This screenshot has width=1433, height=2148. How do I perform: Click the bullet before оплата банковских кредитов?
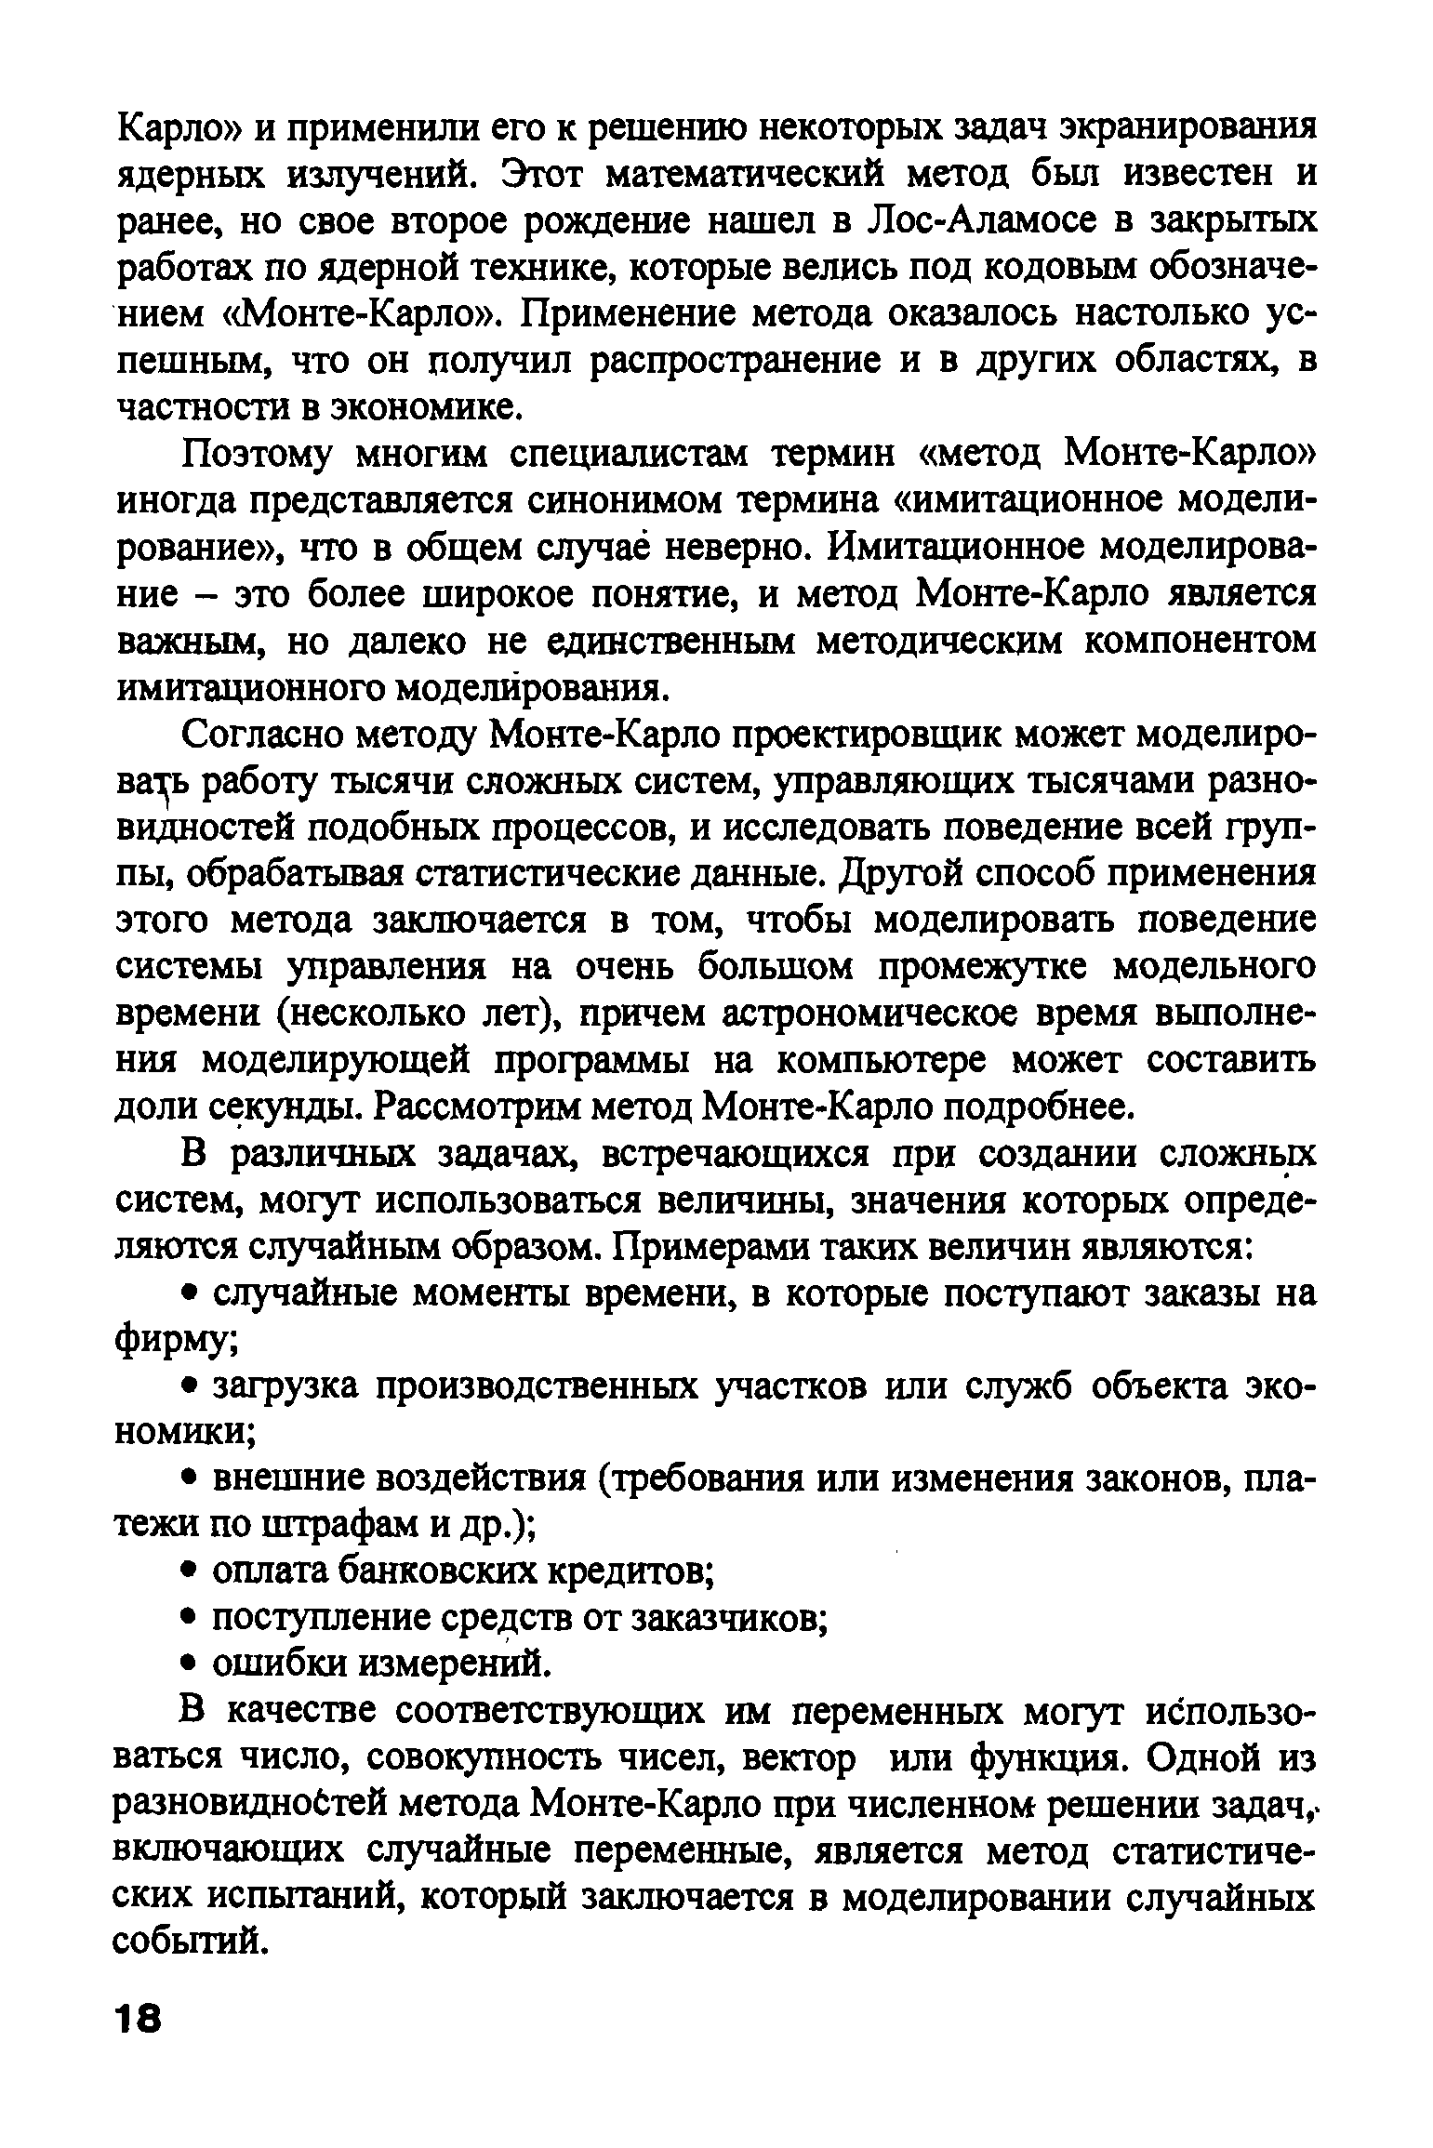coord(188,1571)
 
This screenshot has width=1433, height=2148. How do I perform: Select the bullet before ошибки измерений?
coord(188,1664)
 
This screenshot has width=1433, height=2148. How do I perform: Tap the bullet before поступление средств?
coord(188,1618)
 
